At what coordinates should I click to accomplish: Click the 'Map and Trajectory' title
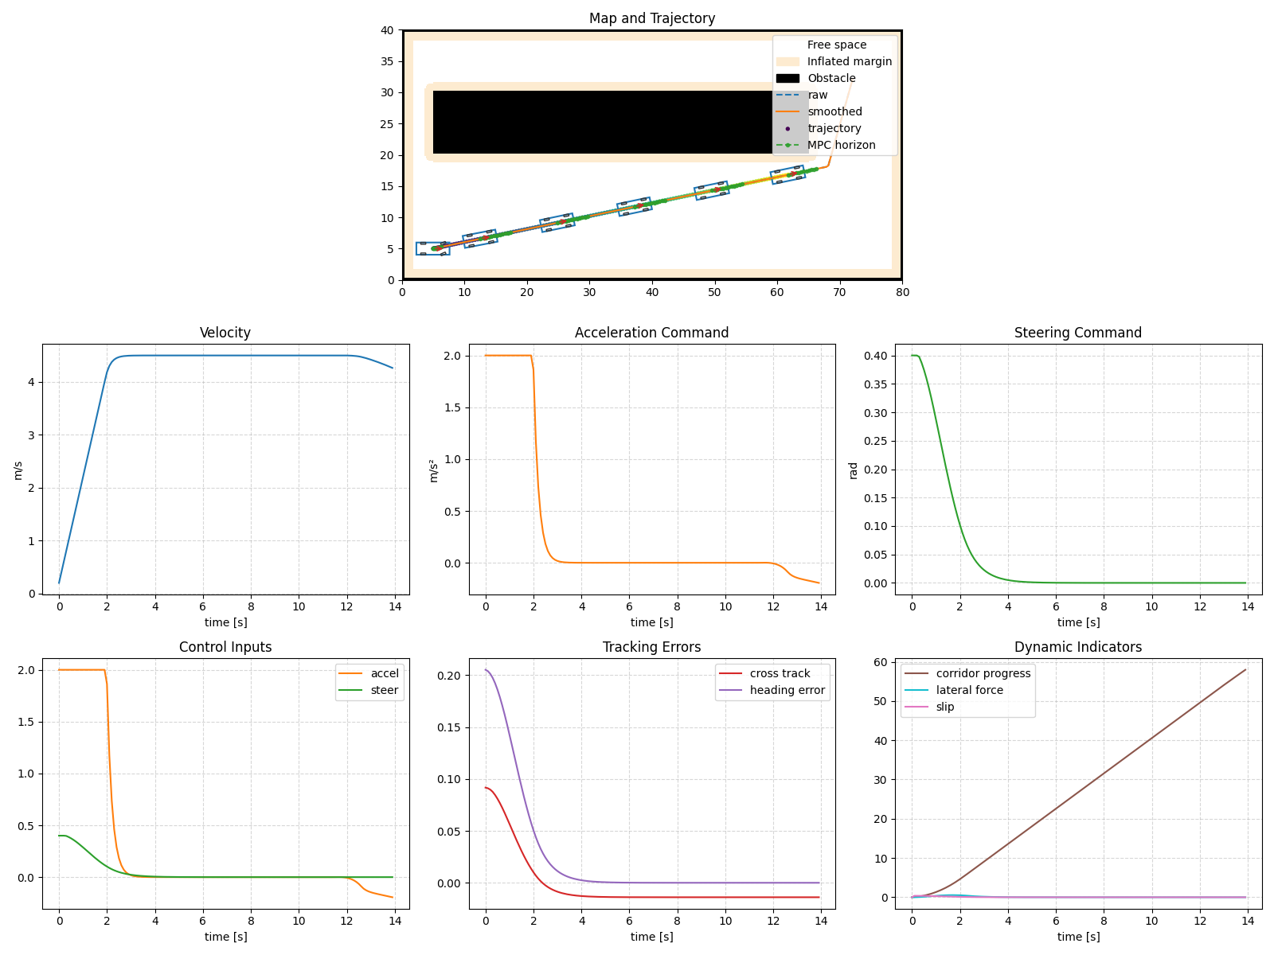coord(651,18)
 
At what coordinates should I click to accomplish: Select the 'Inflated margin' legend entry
coord(849,61)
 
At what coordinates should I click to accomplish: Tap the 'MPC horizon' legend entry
coord(841,145)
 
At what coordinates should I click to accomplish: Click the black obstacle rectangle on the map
coord(597,122)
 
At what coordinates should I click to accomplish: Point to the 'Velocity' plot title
coord(225,333)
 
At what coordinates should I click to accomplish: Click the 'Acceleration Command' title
coord(651,333)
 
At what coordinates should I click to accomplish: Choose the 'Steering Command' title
coord(1077,333)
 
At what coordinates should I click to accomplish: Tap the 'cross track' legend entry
coord(780,673)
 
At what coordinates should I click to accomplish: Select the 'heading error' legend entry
coord(787,690)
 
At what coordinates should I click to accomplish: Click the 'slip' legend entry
coord(944,707)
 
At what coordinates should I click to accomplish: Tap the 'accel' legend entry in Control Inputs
coord(385,673)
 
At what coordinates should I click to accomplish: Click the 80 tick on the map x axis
coord(901,292)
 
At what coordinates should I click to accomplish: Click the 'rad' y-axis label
coord(854,470)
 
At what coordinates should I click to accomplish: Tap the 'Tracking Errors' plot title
coord(651,647)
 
